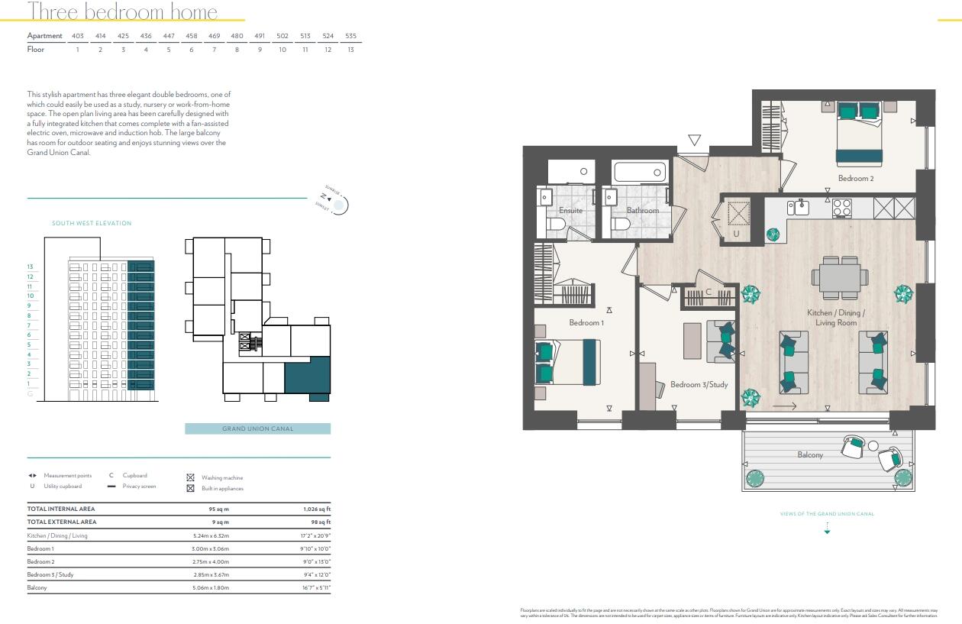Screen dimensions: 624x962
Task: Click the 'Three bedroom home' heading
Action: point(122,12)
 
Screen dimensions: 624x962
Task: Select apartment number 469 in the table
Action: point(215,36)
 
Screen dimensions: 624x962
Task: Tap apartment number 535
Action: point(350,36)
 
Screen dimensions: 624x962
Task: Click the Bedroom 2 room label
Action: point(855,178)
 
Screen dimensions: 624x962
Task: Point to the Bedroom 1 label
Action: point(586,323)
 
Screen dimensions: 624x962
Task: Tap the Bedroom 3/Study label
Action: point(699,385)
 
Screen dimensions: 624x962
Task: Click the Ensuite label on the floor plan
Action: point(570,211)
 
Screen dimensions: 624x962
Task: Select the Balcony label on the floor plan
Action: point(810,455)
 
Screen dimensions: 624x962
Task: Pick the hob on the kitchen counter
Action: point(841,208)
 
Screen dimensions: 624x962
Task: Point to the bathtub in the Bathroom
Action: point(639,172)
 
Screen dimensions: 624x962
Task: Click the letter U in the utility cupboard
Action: point(736,234)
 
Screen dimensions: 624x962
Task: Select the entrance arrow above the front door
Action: point(694,141)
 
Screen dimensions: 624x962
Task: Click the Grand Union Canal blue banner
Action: point(257,428)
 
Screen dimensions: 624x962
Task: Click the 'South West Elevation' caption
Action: point(92,224)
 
